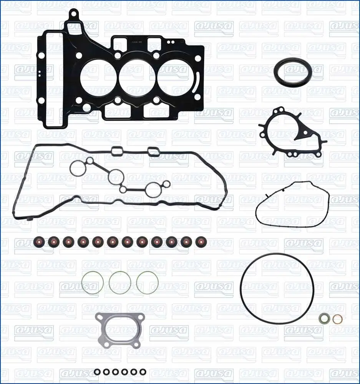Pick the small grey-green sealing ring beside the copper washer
click(x=324, y=318)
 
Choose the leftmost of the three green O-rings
click(x=93, y=283)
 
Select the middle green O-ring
click(x=120, y=283)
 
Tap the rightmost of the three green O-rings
click(x=148, y=283)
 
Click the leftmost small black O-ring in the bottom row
click(x=98, y=372)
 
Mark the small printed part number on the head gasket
click(x=136, y=42)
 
